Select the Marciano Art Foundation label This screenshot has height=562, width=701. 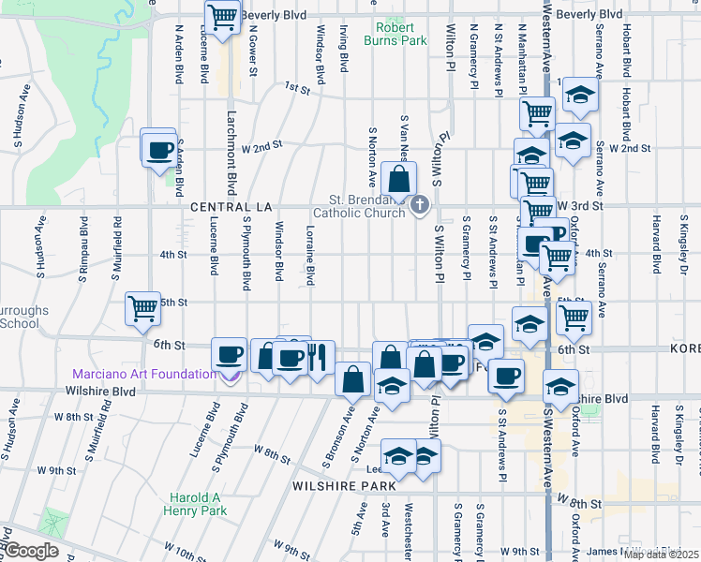pos(144,375)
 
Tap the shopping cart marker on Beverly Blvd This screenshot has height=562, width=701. pos(223,16)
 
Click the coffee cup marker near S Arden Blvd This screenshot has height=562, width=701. pos(158,148)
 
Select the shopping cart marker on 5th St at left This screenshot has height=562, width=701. pos(143,306)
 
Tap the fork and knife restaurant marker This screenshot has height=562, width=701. pos(318,356)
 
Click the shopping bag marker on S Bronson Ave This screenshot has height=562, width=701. pos(353,378)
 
